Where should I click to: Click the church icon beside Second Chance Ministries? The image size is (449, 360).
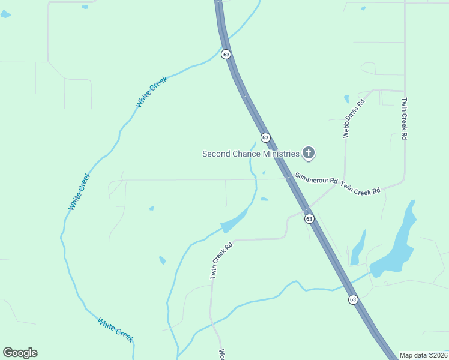tap(309, 153)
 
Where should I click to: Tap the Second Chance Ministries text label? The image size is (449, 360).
tap(250, 154)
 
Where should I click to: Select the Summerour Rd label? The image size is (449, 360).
tap(316, 179)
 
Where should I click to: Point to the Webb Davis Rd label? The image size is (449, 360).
tap(354, 118)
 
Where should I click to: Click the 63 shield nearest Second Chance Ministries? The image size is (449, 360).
tap(265, 137)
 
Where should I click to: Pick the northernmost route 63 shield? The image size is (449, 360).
tap(226, 54)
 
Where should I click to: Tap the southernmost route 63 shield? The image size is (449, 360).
tap(353, 299)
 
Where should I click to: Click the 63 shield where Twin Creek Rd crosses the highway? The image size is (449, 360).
tap(309, 219)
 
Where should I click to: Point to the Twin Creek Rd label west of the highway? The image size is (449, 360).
tap(220, 260)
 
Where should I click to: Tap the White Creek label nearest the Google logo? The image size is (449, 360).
tap(115, 329)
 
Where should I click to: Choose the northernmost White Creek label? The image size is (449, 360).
tap(151, 92)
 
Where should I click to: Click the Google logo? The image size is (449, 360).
tap(20, 353)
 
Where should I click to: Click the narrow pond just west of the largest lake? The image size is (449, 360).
tap(358, 247)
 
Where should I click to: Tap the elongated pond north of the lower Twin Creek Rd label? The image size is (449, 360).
tap(235, 221)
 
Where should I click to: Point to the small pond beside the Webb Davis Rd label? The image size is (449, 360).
tap(346, 99)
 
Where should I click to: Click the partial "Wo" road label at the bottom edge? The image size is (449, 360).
tap(221, 354)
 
